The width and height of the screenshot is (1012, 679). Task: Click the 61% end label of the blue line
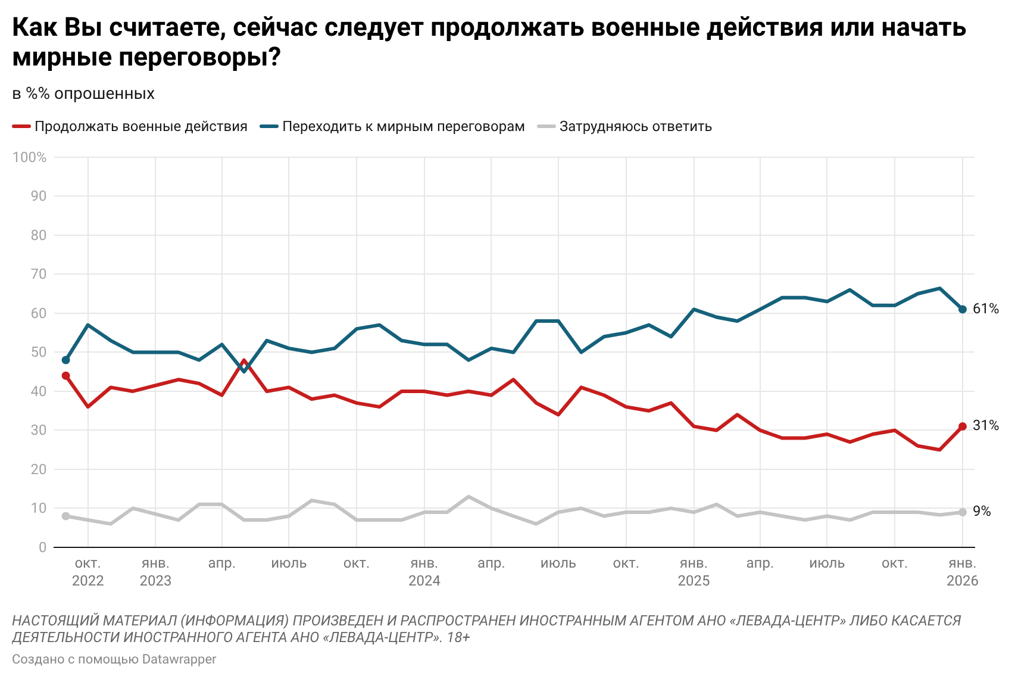click(x=985, y=309)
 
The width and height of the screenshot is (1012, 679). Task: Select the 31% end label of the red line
click(x=985, y=425)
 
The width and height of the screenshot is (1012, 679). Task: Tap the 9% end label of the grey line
click(x=982, y=511)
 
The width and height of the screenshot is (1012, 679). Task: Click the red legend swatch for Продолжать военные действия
click(x=21, y=126)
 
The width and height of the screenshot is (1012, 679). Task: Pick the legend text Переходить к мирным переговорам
click(x=403, y=126)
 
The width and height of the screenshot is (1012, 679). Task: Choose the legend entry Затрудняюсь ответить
click(x=635, y=126)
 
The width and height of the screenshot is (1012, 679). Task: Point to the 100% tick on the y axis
click(x=29, y=157)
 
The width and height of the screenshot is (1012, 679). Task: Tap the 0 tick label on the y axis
click(x=42, y=547)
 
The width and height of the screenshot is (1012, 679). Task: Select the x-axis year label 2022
click(x=88, y=581)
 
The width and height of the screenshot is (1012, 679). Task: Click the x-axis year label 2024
click(x=424, y=581)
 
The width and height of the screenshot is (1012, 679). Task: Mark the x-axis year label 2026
click(x=962, y=581)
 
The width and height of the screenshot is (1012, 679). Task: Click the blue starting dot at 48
click(x=65, y=360)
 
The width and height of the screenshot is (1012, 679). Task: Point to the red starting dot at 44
click(x=65, y=376)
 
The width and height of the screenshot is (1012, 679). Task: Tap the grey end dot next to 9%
click(x=963, y=512)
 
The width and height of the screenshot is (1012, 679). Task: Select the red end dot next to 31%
click(x=963, y=426)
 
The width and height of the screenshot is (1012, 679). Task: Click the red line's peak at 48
click(x=244, y=360)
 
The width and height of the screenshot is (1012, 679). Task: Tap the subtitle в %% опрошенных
click(x=83, y=94)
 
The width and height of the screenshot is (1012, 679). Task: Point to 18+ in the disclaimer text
click(x=458, y=637)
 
